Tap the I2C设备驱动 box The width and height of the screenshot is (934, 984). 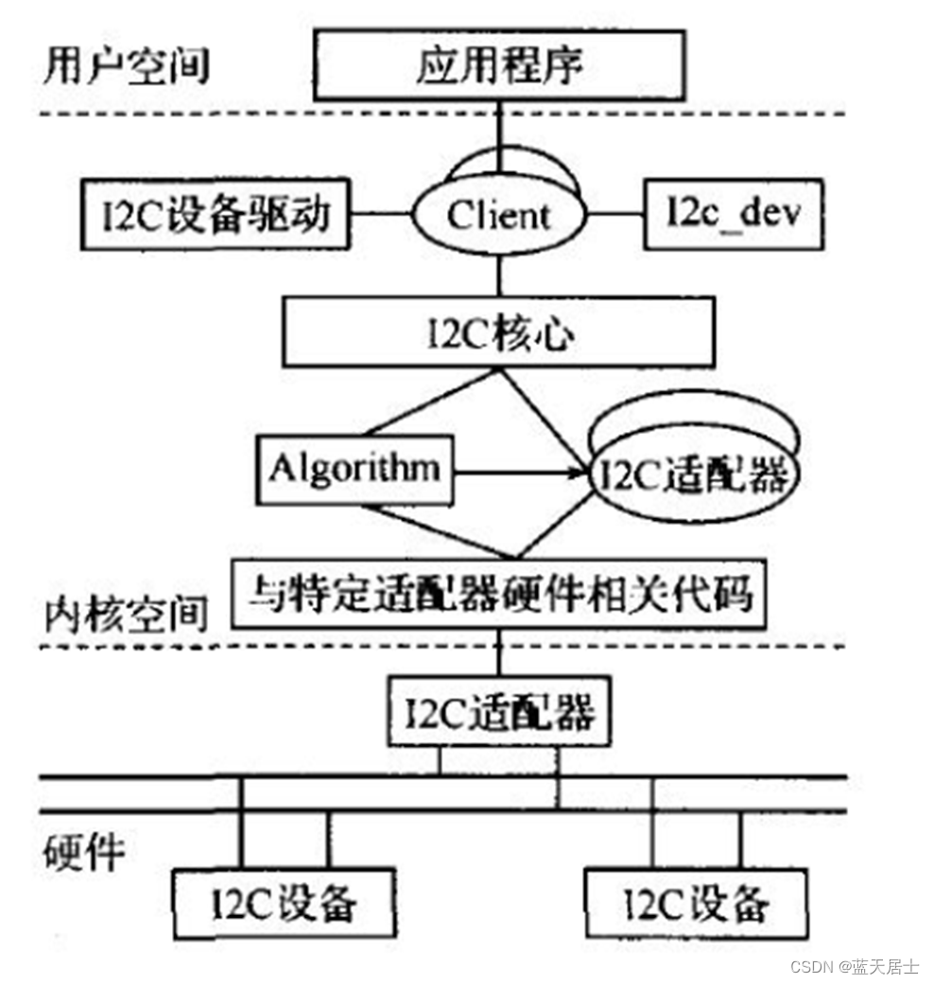[216, 216]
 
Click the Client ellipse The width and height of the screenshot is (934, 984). [498, 216]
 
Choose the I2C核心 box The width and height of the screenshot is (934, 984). [499, 337]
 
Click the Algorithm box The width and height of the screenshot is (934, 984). [355, 468]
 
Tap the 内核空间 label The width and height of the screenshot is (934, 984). [126, 614]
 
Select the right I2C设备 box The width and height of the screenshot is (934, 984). [697, 904]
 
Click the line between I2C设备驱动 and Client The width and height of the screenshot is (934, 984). [381, 215]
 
